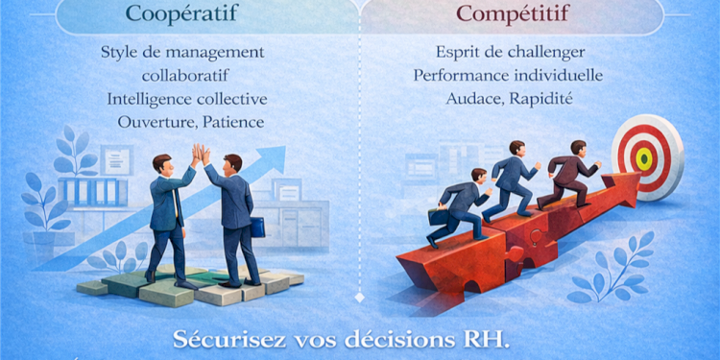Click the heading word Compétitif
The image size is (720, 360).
512,14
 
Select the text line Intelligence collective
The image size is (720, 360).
187,99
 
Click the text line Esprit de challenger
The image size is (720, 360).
511,52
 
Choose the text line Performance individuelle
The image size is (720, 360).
511,75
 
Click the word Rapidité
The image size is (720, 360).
545,98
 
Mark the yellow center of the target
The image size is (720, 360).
644,156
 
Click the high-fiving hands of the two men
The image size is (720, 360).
200,154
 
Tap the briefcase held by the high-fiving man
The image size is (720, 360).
256,227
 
